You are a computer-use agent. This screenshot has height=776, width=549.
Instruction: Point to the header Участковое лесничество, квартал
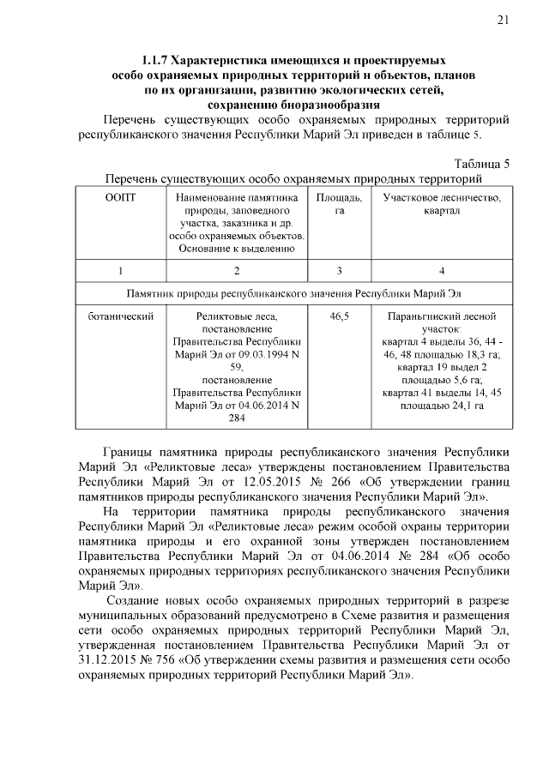click(441, 204)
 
